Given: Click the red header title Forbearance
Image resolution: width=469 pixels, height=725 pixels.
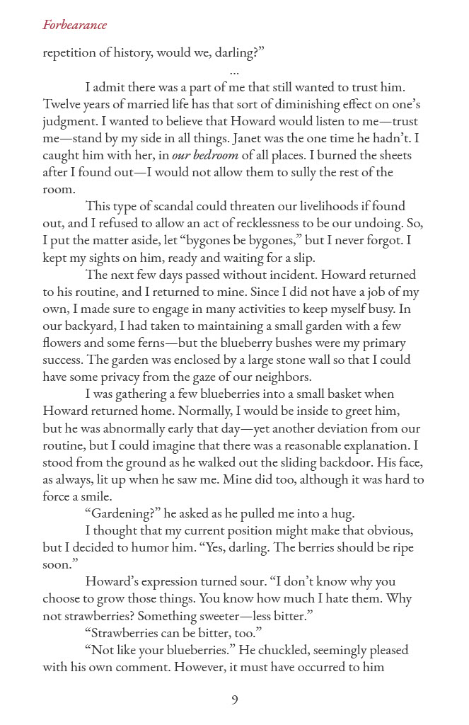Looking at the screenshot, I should coord(75,25).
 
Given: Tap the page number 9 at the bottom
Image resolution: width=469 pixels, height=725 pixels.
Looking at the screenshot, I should coord(234,700).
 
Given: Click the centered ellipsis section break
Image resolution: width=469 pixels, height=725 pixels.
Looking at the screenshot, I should coord(234,72).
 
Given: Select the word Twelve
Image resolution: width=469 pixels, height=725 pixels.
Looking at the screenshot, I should coord(62,105).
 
